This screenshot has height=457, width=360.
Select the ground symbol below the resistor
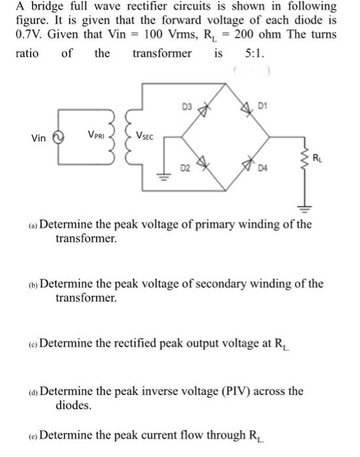[303, 210]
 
